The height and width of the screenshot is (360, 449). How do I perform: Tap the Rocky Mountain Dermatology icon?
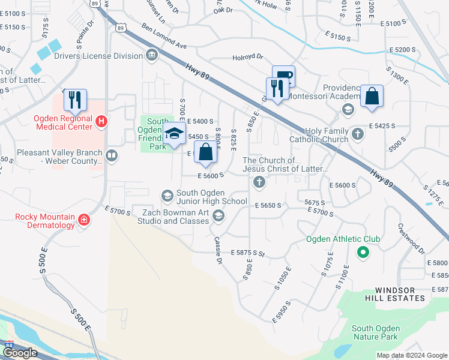coord(84,221)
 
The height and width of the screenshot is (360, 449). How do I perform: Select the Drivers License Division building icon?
coord(151,56)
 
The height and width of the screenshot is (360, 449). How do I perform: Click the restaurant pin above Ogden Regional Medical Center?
coord(75,99)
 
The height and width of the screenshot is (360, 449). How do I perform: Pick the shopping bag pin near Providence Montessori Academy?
coord(372,97)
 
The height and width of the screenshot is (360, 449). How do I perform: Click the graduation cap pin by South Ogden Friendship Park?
coord(174,134)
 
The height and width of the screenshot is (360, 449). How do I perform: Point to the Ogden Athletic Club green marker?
coord(362,253)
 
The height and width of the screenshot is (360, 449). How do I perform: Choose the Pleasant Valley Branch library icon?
coord(111,157)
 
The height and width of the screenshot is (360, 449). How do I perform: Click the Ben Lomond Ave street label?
coord(164,35)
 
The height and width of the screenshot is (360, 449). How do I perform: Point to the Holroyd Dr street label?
coord(248,58)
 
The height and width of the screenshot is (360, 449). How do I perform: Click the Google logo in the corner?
coord(20,353)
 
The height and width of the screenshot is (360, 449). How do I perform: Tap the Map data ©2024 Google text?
coord(411,355)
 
